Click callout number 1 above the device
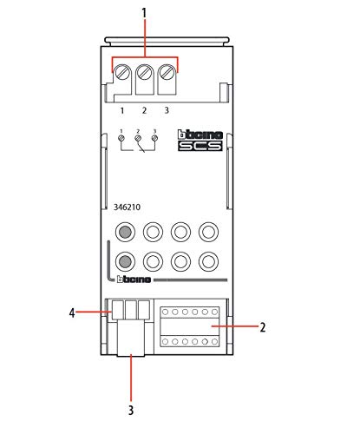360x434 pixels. pyautogui.click(x=144, y=13)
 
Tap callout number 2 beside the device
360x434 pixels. pyautogui.click(x=263, y=327)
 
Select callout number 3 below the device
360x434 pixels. pyautogui.click(x=131, y=410)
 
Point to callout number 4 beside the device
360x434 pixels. pyautogui.click(x=72, y=313)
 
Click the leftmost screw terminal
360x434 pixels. pyautogui.click(x=121, y=73)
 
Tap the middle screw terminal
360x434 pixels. pyautogui.click(x=144, y=73)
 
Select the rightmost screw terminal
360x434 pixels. pyautogui.click(x=167, y=73)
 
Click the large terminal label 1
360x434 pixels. pyautogui.click(x=122, y=110)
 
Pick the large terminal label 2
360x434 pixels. pyautogui.click(x=144, y=110)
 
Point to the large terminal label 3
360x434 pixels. pyautogui.click(x=167, y=110)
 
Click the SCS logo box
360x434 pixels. pyautogui.click(x=200, y=146)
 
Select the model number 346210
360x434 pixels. pyautogui.click(x=127, y=207)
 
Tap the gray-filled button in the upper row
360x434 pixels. pyautogui.click(x=125, y=232)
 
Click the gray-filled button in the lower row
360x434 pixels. pyautogui.click(x=125, y=261)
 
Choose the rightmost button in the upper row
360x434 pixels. pyautogui.click(x=208, y=232)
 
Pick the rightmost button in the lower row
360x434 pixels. pyautogui.click(x=208, y=261)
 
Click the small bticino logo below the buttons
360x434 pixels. pyautogui.click(x=134, y=279)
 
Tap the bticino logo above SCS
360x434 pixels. pyautogui.click(x=200, y=135)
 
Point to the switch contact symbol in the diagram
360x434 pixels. pyautogui.click(x=141, y=147)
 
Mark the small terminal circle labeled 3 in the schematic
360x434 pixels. pyautogui.click(x=154, y=138)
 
